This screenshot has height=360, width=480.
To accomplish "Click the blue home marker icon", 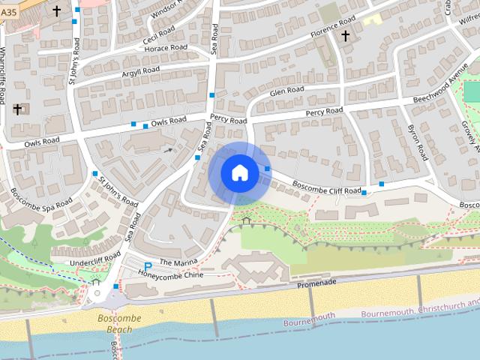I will point(239,173).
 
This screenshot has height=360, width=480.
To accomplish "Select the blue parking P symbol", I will point(148,266).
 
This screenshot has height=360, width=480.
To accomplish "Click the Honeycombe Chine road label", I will point(171,274).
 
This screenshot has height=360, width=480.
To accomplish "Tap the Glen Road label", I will point(287,90).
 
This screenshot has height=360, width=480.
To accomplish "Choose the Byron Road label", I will point(417,142).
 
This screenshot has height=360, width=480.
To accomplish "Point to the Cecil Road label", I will point(159,35).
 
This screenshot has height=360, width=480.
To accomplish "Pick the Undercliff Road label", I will point(95,259).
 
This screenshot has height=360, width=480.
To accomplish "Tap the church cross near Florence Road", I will point(346,35).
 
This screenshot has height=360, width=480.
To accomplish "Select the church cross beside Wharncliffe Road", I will point(17,109).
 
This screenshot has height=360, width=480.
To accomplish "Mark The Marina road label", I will point(177,261).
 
